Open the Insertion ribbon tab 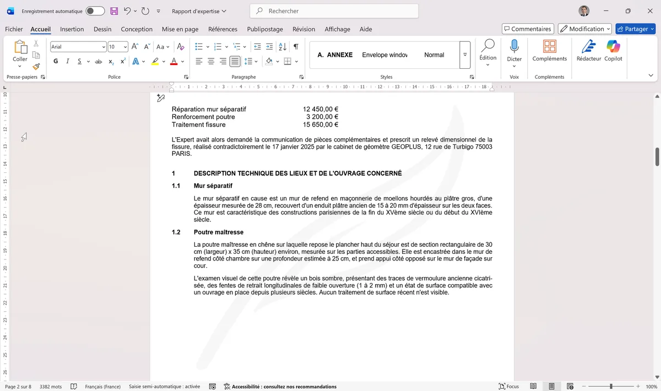(x=72, y=29)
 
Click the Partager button (x=635, y=29)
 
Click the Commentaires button (x=527, y=29)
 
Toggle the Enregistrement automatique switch (x=95, y=11)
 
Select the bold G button (x=56, y=61)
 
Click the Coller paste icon (x=20, y=48)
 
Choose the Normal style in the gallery (x=434, y=55)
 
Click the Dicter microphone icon (x=514, y=47)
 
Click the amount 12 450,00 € (x=321, y=109)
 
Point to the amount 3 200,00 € (x=322, y=117)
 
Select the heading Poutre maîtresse (x=218, y=232)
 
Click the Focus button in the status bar (x=508, y=387)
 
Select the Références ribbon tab (x=223, y=29)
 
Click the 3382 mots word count (x=51, y=387)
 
